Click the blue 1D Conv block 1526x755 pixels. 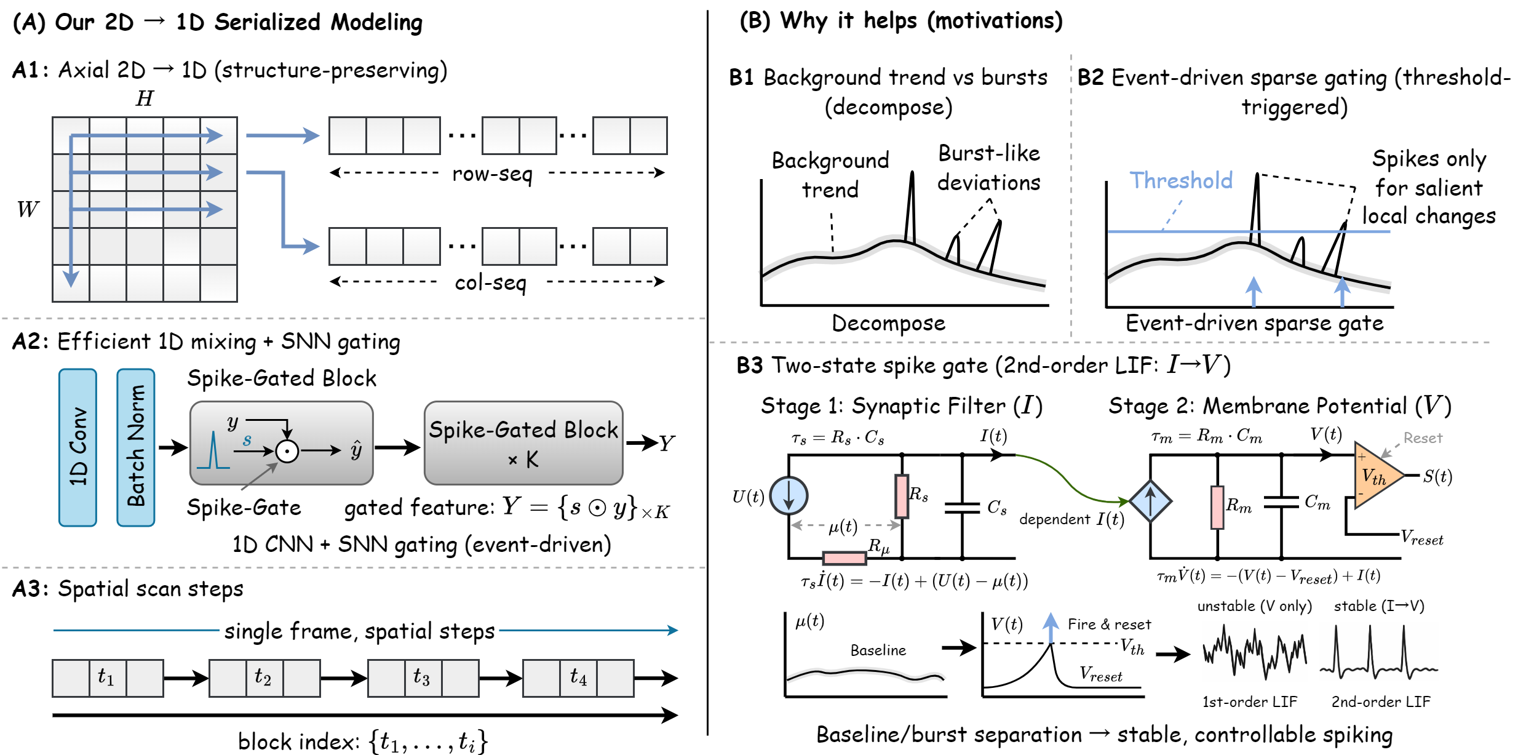[x=77, y=447]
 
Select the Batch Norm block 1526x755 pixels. [x=136, y=447]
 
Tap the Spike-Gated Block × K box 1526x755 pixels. [x=523, y=443]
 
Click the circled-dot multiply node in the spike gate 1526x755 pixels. [x=287, y=451]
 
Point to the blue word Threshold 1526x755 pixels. [x=1181, y=180]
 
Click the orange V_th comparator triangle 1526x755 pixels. [x=1377, y=476]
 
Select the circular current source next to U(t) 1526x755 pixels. [x=789, y=495]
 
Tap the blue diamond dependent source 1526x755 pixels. [x=1150, y=501]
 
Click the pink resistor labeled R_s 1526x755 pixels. [x=902, y=496]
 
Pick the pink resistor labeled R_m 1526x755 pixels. [x=1217, y=507]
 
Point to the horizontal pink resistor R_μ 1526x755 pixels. [x=844, y=558]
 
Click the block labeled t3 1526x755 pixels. [x=423, y=678]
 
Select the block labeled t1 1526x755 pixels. [x=108, y=678]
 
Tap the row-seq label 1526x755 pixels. [x=492, y=174]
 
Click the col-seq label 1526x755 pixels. [x=491, y=282]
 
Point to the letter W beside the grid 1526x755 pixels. [x=28, y=209]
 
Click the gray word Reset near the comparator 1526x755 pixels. [x=1423, y=438]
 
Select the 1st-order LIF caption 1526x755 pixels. [x=1249, y=701]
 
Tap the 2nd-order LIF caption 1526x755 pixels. [x=1381, y=701]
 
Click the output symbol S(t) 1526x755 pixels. [x=1437, y=476]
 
